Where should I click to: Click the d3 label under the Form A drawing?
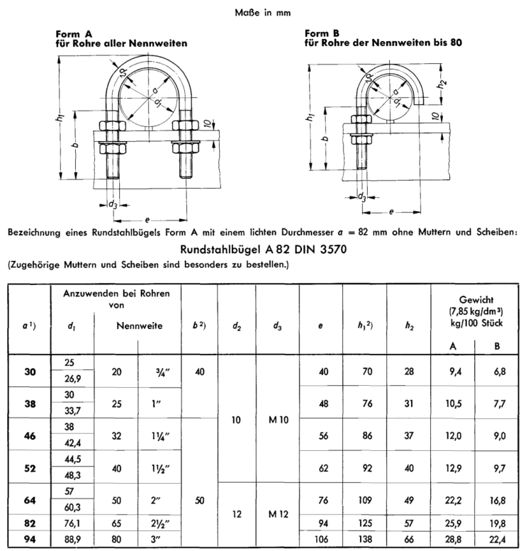pos(112,204)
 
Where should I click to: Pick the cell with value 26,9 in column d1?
pos(74,379)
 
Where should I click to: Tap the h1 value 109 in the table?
pos(365,500)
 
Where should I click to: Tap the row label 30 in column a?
pos(29,371)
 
